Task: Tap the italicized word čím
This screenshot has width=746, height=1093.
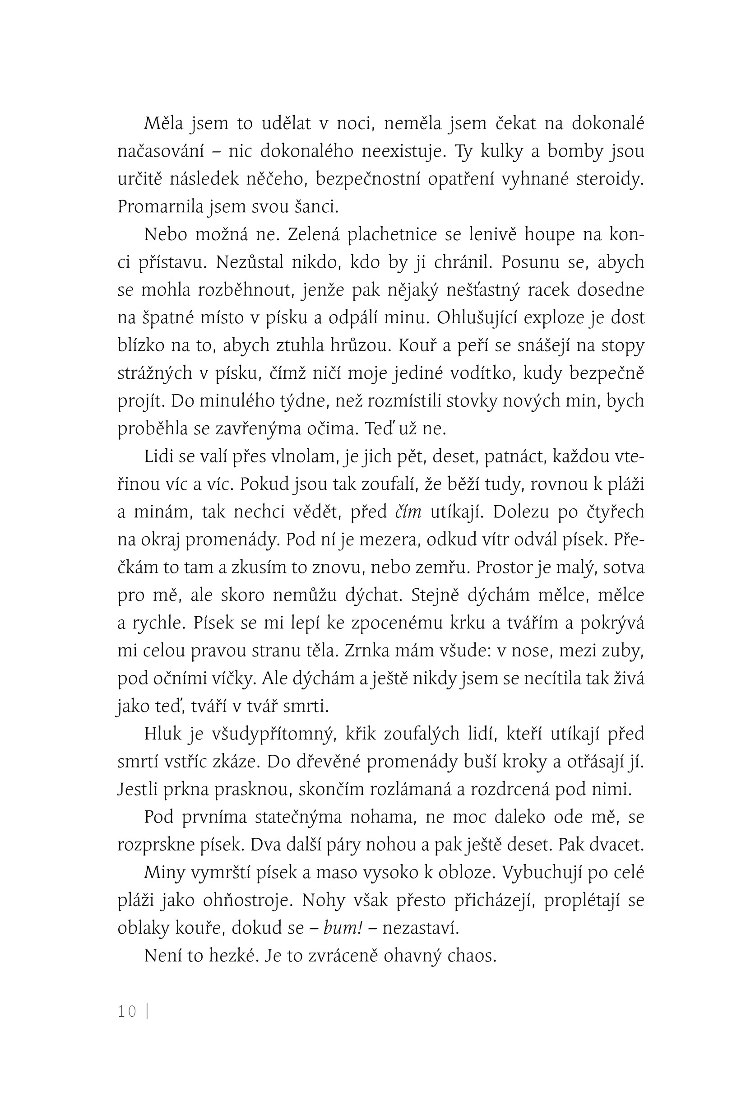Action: [408, 512]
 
